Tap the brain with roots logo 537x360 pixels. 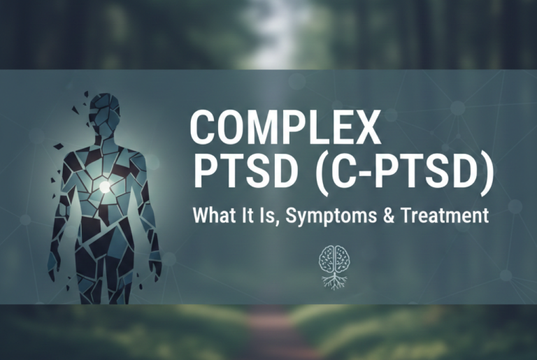click(333, 266)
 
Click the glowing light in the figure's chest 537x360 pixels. click(105, 186)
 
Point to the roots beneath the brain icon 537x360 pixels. click(333, 280)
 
